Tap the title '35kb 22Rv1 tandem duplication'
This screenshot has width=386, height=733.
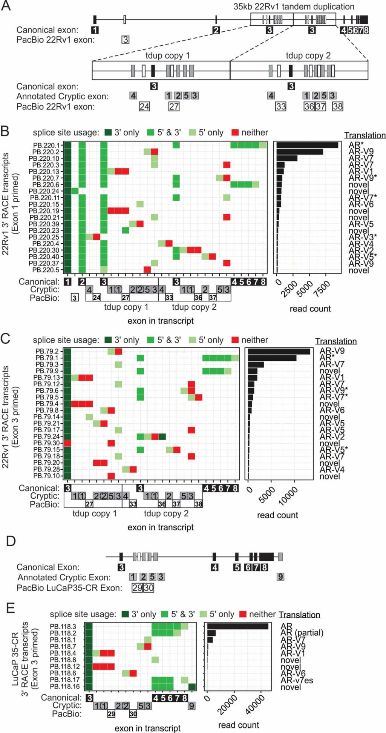(x=294, y=6)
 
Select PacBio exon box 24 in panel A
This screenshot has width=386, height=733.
(x=144, y=107)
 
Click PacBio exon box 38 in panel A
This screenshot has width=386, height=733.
(x=337, y=107)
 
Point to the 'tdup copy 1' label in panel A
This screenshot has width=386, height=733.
(x=167, y=55)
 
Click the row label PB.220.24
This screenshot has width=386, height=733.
(x=44, y=191)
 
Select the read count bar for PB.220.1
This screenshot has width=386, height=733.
(x=307, y=145)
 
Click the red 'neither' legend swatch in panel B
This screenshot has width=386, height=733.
(x=235, y=132)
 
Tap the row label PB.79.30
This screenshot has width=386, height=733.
(x=46, y=443)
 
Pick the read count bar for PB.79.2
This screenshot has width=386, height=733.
(x=279, y=351)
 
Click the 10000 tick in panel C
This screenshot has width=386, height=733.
(x=288, y=496)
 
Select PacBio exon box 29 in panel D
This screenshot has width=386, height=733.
(x=137, y=588)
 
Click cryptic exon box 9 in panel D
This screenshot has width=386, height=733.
(x=280, y=577)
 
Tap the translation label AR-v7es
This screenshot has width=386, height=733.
(x=297, y=680)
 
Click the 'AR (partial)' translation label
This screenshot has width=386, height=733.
(x=302, y=633)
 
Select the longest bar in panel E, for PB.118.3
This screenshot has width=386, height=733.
(x=237, y=626)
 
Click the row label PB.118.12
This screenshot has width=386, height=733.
(x=65, y=667)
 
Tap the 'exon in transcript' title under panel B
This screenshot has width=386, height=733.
(x=161, y=321)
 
